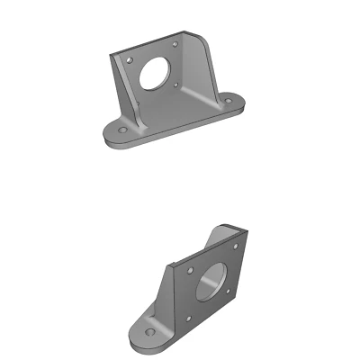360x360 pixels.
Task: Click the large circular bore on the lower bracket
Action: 211,282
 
